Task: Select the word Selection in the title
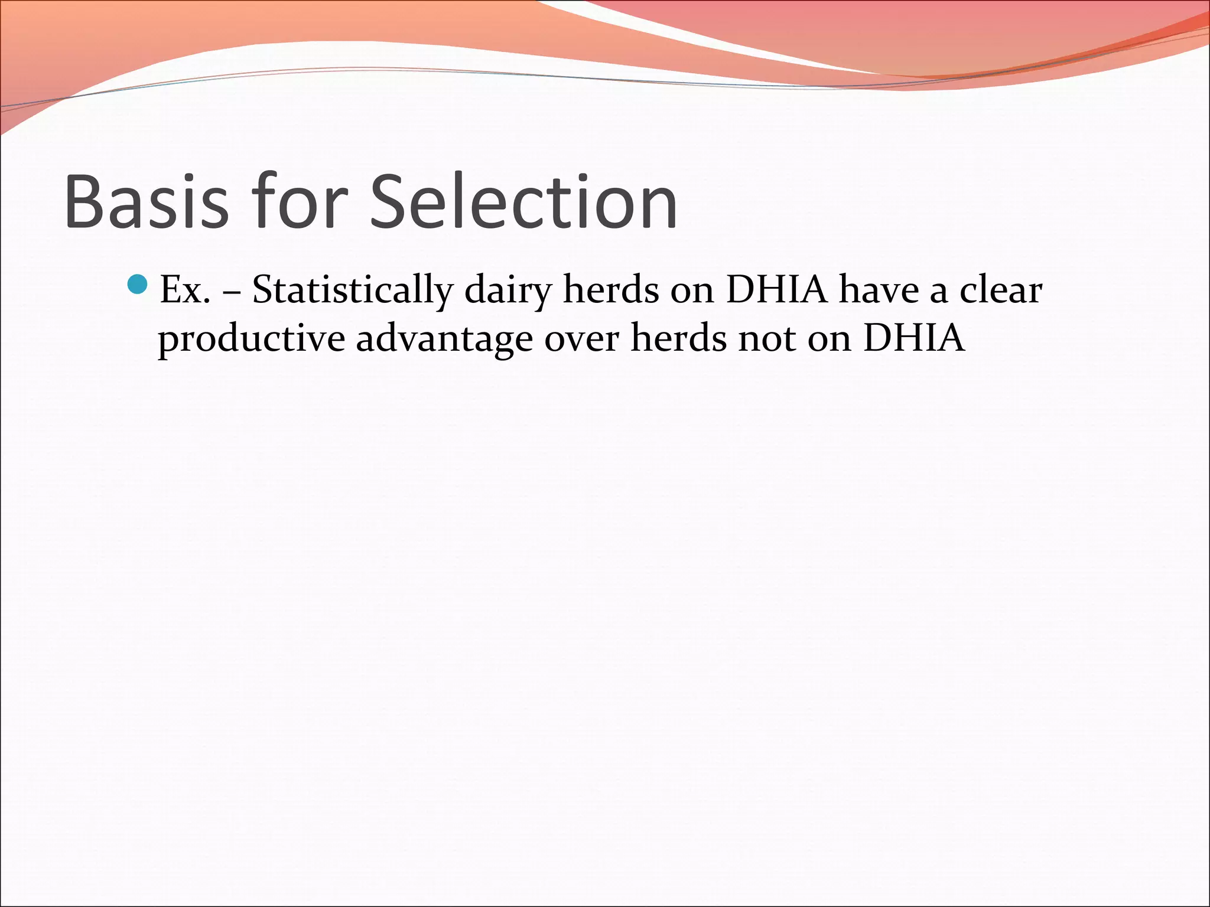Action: (x=523, y=201)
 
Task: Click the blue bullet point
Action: (x=138, y=285)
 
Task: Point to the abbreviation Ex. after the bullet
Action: (x=185, y=291)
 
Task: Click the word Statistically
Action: (x=353, y=291)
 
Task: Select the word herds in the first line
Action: (x=610, y=291)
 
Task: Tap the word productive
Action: (x=251, y=339)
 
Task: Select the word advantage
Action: (x=444, y=339)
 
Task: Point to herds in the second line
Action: (x=678, y=339)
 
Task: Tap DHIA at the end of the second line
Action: (x=913, y=339)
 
